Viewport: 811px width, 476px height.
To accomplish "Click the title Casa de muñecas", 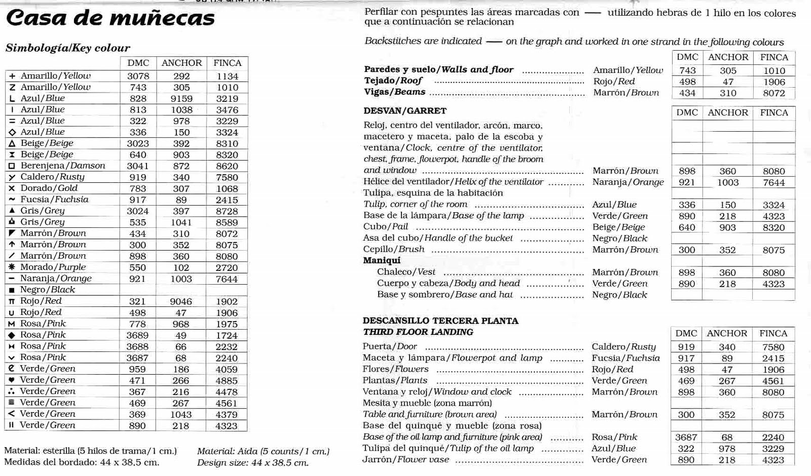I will [x=110, y=19].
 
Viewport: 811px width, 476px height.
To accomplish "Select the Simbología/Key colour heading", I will [x=67, y=48].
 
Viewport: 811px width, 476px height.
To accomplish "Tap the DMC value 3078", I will [x=138, y=76].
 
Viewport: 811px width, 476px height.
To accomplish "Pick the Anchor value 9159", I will [x=181, y=99].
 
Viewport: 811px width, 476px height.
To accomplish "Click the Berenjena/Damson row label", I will [x=63, y=166].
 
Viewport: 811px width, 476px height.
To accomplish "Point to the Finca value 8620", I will [x=227, y=166].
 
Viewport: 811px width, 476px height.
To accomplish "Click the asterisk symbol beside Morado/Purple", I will [x=11, y=267].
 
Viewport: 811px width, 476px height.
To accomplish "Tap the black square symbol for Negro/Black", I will [x=11, y=290].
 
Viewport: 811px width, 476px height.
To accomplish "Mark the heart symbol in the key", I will [x=11, y=380].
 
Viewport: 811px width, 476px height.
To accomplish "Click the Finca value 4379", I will [x=226, y=414].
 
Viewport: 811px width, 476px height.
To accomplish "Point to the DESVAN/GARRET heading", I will [x=404, y=111].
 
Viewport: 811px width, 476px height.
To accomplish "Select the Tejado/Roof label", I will [x=393, y=81].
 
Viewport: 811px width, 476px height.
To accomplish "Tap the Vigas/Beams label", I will [x=394, y=92].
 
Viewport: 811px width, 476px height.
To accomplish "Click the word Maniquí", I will [x=381, y=260].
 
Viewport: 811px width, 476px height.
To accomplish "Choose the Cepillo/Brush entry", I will [x=393, y=249].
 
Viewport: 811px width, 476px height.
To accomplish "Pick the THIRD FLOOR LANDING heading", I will [x=418, y=332].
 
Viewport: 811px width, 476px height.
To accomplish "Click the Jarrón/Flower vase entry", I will [x=405, y=459].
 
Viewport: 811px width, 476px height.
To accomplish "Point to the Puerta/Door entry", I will [x=389, y=346].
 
